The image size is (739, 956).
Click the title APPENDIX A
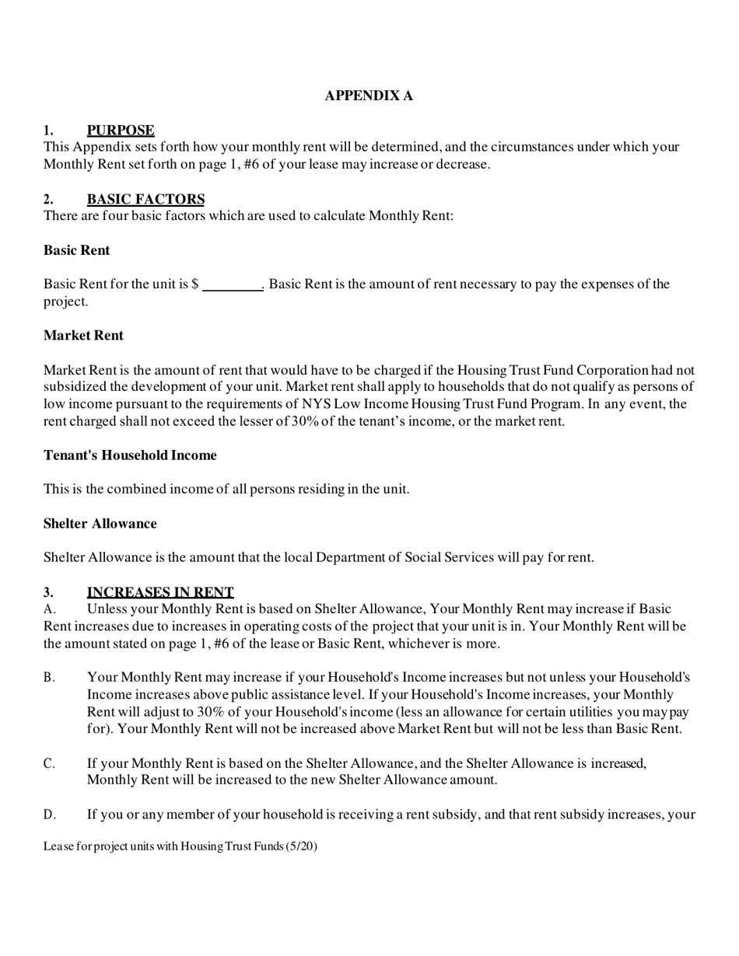pos(369,96)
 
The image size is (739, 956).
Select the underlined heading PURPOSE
pos(121,130)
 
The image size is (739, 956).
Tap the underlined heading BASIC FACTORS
pos(145,199)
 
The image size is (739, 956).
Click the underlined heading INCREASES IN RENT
pos(160,592)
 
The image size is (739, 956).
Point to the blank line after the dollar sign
pos(233,285)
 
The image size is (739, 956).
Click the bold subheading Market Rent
pos(83,335)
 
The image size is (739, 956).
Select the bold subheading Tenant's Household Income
pos(130,455)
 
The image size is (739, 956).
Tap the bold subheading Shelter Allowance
pos(100,523)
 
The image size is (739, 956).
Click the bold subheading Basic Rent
pos(76,250)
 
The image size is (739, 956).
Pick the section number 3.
pos(48,592)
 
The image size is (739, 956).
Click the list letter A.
pos(48,609)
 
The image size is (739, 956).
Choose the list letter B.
pos(49,678)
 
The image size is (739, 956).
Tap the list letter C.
pos(49,763)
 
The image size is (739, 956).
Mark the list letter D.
pos(49,815)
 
